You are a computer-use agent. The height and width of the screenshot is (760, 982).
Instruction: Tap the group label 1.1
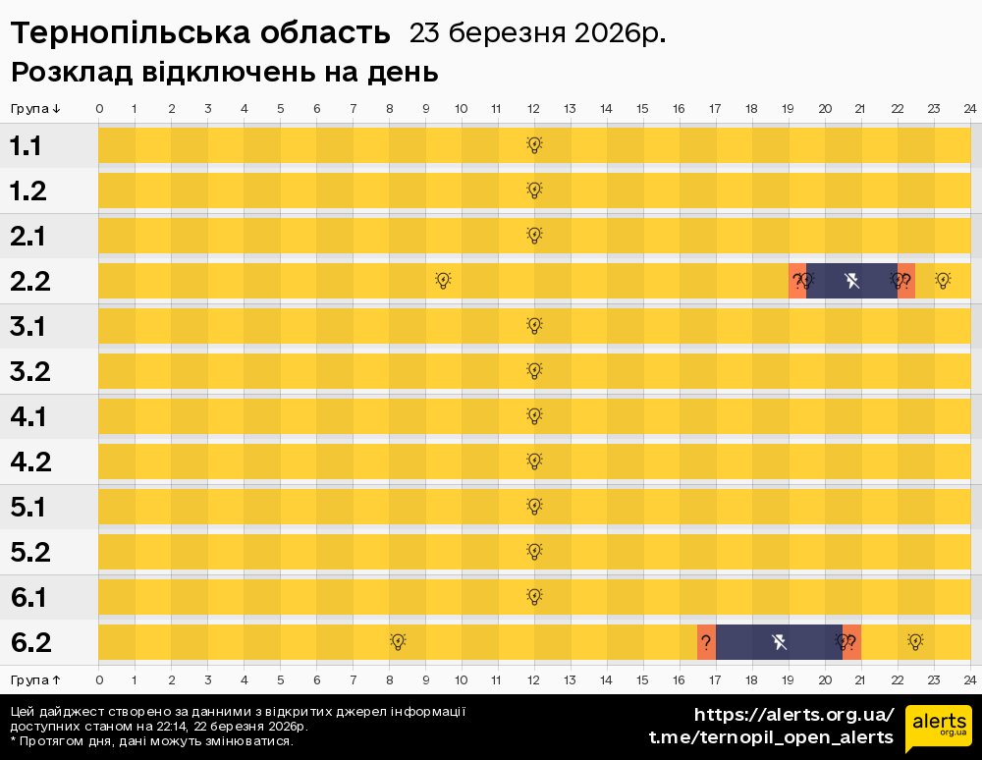click(x=27, y=146)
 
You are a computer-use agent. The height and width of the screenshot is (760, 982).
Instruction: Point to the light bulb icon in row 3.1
click(x=534, y=325)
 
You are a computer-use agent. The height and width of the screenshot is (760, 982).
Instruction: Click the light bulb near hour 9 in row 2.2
click(x=443, y=281)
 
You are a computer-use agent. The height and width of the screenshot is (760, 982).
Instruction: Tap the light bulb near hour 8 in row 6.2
click(x=398, y=642)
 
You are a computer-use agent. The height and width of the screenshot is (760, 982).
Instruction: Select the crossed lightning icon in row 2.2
click(x=851, y=281)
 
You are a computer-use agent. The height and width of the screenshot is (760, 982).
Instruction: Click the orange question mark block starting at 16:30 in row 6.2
click(x=706, y=642)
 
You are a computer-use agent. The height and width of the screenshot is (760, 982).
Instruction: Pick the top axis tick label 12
click(x=533, y=108)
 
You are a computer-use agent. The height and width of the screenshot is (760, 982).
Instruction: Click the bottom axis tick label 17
click(x=715, y=679)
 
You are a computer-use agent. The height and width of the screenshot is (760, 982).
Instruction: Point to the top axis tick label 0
click(x=99, y=108)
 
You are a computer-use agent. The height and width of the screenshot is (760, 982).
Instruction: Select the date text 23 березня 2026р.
click(x=537, y=33)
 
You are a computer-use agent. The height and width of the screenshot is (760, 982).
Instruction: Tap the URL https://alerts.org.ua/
click(x=793, y=714)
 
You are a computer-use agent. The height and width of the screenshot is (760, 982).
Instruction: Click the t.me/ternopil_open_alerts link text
click(x=771, y=737)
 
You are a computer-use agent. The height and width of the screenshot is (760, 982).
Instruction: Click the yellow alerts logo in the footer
click(x=938, y=728)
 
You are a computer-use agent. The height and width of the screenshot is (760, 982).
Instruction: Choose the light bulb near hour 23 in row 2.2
click(x=943, y=281)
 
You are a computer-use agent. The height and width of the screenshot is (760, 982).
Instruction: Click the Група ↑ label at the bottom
click(x=36, y=679)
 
